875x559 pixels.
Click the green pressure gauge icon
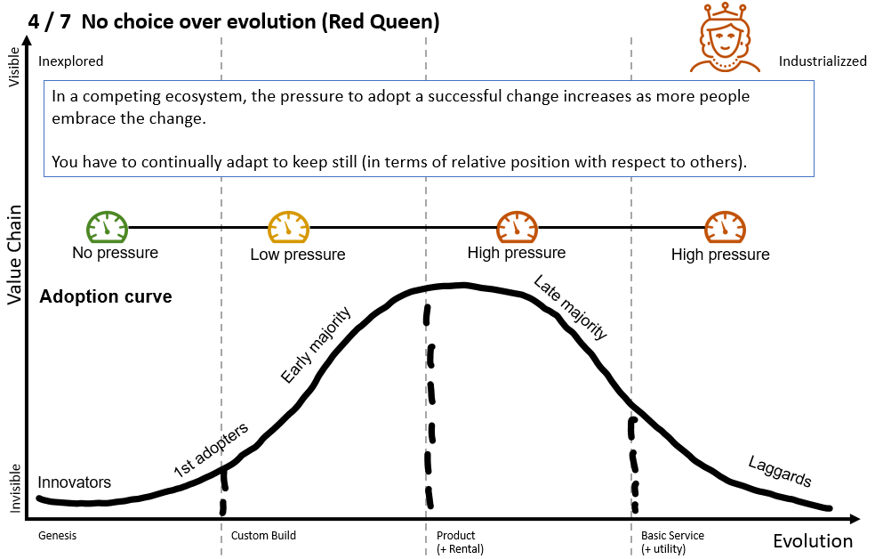tap(107, 227)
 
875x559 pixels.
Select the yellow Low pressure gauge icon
tap(288, 227)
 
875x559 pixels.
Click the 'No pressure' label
tap(115, 253)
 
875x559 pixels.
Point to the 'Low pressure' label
tap(297, 255)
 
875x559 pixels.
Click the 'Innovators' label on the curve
tap(75, 482)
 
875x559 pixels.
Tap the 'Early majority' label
tap(317, 345)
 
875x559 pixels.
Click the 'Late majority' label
tap(570, 308)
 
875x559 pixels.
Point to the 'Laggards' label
tap(780, 473)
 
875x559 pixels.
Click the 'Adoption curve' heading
tap(106, 296)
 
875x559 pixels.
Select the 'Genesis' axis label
tap(57, 536)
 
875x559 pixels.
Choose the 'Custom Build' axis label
tap(263, 536)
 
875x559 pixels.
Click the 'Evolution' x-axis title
tap(812, 541)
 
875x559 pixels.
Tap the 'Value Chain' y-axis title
tap(14, 251)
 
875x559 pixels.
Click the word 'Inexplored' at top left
tap(71, 61)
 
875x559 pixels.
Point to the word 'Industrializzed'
tap(823, 61)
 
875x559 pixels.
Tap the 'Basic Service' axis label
tap(672, 536)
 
